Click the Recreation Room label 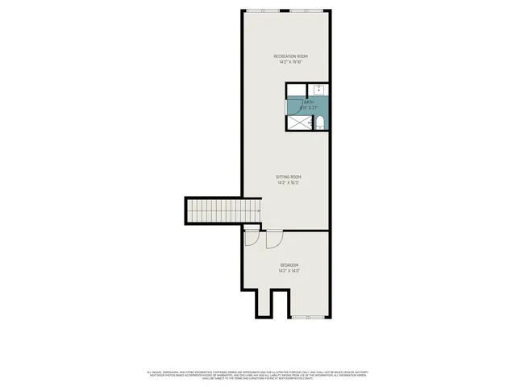(290, 56)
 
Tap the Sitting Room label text (289, 177)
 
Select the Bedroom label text (289, 265)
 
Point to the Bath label (308, 102)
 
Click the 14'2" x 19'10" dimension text (290, 62)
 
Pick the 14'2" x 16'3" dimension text (289, 183)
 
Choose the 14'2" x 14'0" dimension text (289, 272)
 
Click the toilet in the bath (319, 123)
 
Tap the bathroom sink (318, 89)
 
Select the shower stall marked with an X (298, 123)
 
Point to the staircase (223, 211)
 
